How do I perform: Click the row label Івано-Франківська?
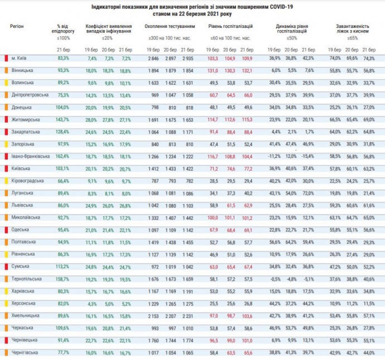[27, 156]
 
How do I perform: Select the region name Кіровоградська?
[25, 181]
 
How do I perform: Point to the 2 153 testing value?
[154, 315]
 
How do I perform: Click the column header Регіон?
[17, 26]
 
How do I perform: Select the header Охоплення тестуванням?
[170, 26]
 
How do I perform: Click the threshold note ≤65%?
[353, 38]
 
